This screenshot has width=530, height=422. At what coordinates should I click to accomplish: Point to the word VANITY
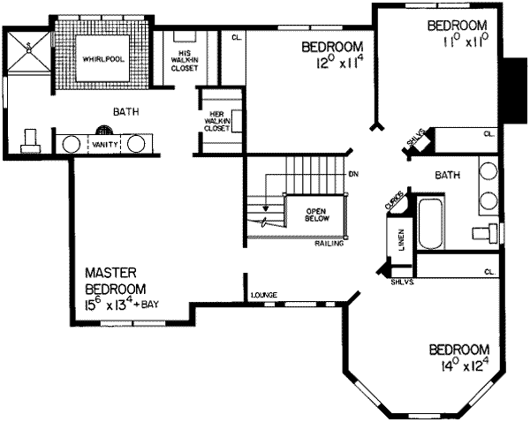105,143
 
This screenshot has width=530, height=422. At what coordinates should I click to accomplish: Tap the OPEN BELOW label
317,216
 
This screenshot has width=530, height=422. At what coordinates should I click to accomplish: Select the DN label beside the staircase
353,174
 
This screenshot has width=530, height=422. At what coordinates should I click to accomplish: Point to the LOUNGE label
264,294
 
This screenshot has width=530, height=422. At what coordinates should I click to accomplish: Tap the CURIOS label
394,200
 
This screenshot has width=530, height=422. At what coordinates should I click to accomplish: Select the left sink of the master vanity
71,143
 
